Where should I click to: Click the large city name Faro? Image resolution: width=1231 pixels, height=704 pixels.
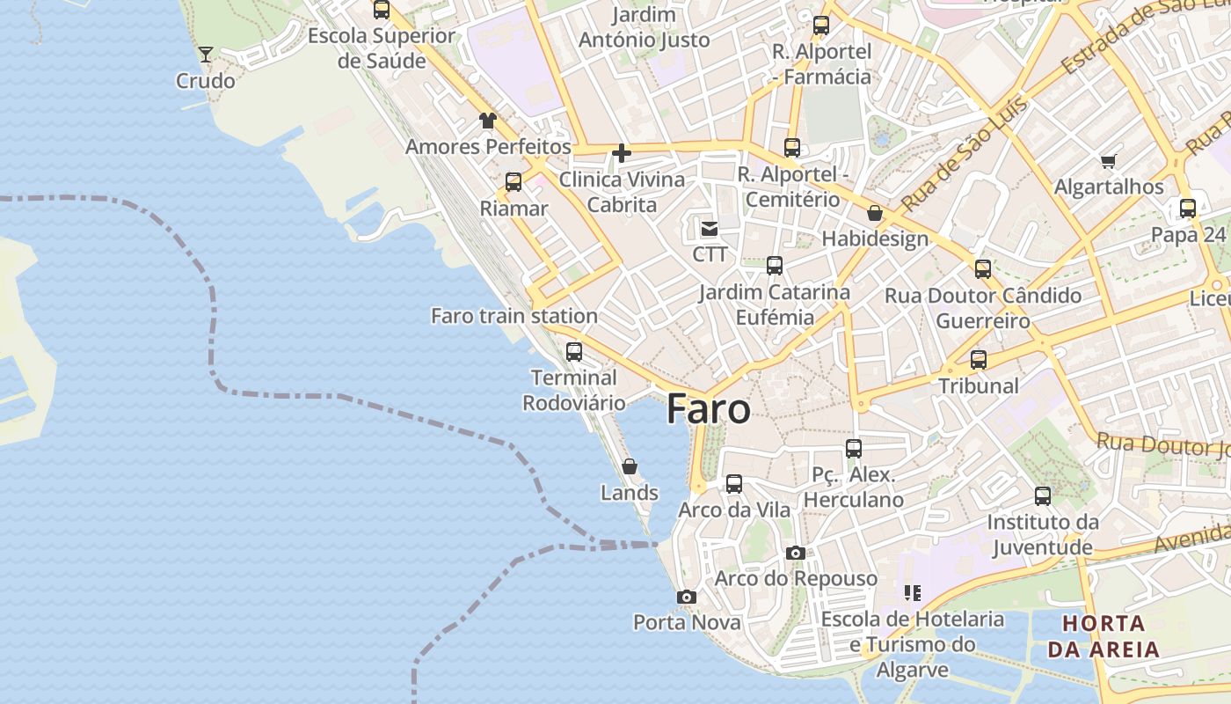(709, 410)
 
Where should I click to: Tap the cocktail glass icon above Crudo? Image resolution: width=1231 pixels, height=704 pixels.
(206, 55)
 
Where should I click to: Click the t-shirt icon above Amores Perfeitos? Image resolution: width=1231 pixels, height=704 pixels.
(487, 121)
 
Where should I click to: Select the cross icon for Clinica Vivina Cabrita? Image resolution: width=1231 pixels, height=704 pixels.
(622, 154)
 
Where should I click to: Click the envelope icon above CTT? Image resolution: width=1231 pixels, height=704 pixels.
(709, 229)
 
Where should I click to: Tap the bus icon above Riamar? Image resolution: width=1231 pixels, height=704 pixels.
(514, 182)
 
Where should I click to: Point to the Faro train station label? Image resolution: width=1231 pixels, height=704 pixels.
(514, 316)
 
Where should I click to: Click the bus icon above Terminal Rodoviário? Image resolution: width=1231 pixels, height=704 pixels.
(574, 351)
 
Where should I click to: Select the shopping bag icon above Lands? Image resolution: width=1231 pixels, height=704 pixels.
(630, 466)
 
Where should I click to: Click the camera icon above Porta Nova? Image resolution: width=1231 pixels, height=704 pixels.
(687, 597)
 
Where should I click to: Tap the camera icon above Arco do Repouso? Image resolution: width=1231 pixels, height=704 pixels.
(796, 553)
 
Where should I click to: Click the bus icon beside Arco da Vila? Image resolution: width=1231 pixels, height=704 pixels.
(734, 483)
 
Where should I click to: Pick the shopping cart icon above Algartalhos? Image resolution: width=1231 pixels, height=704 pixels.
(1108, 161)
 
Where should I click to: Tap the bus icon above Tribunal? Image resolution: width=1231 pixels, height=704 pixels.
(979, 359)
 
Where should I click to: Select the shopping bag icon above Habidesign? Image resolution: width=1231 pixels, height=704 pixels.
(875, 213)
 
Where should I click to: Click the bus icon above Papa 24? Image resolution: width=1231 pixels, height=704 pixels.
(1188, 209)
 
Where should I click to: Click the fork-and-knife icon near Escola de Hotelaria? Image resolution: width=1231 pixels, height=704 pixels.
(913, 593)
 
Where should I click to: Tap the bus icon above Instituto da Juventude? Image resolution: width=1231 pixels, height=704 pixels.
(1043, 495)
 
